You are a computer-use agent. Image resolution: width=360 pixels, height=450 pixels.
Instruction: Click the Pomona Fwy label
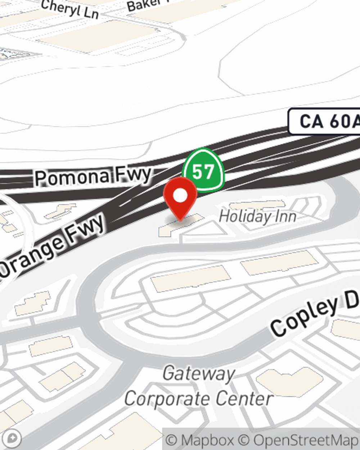93,176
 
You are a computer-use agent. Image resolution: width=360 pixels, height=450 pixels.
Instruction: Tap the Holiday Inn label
257,216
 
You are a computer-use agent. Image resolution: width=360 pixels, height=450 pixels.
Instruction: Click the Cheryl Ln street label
69,9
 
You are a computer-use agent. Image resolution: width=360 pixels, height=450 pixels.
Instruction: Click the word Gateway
199,374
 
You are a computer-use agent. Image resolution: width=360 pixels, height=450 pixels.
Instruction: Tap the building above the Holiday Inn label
252,205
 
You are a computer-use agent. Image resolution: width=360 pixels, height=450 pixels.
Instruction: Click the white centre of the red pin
180,195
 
